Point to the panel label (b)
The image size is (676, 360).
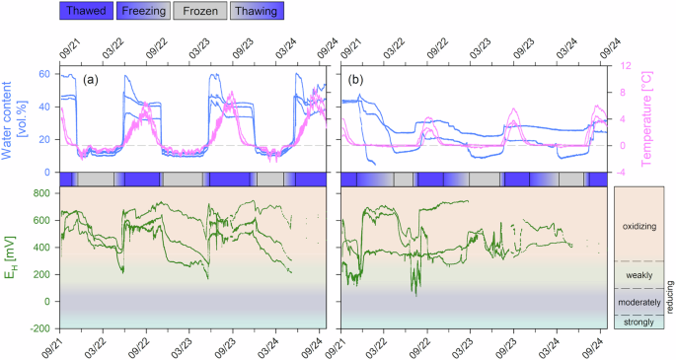[x=354, y=78]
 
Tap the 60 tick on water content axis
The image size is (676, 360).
[x=42, y=74]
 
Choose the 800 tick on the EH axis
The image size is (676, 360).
[x=39, y=193]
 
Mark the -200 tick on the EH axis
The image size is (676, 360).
[x=38, y=328]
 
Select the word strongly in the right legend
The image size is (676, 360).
[x=636, y=322]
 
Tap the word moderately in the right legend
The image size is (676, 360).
[x=636, y=301]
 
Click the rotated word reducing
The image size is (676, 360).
[x=668, y=296]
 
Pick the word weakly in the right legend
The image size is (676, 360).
[x=636, y=274]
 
